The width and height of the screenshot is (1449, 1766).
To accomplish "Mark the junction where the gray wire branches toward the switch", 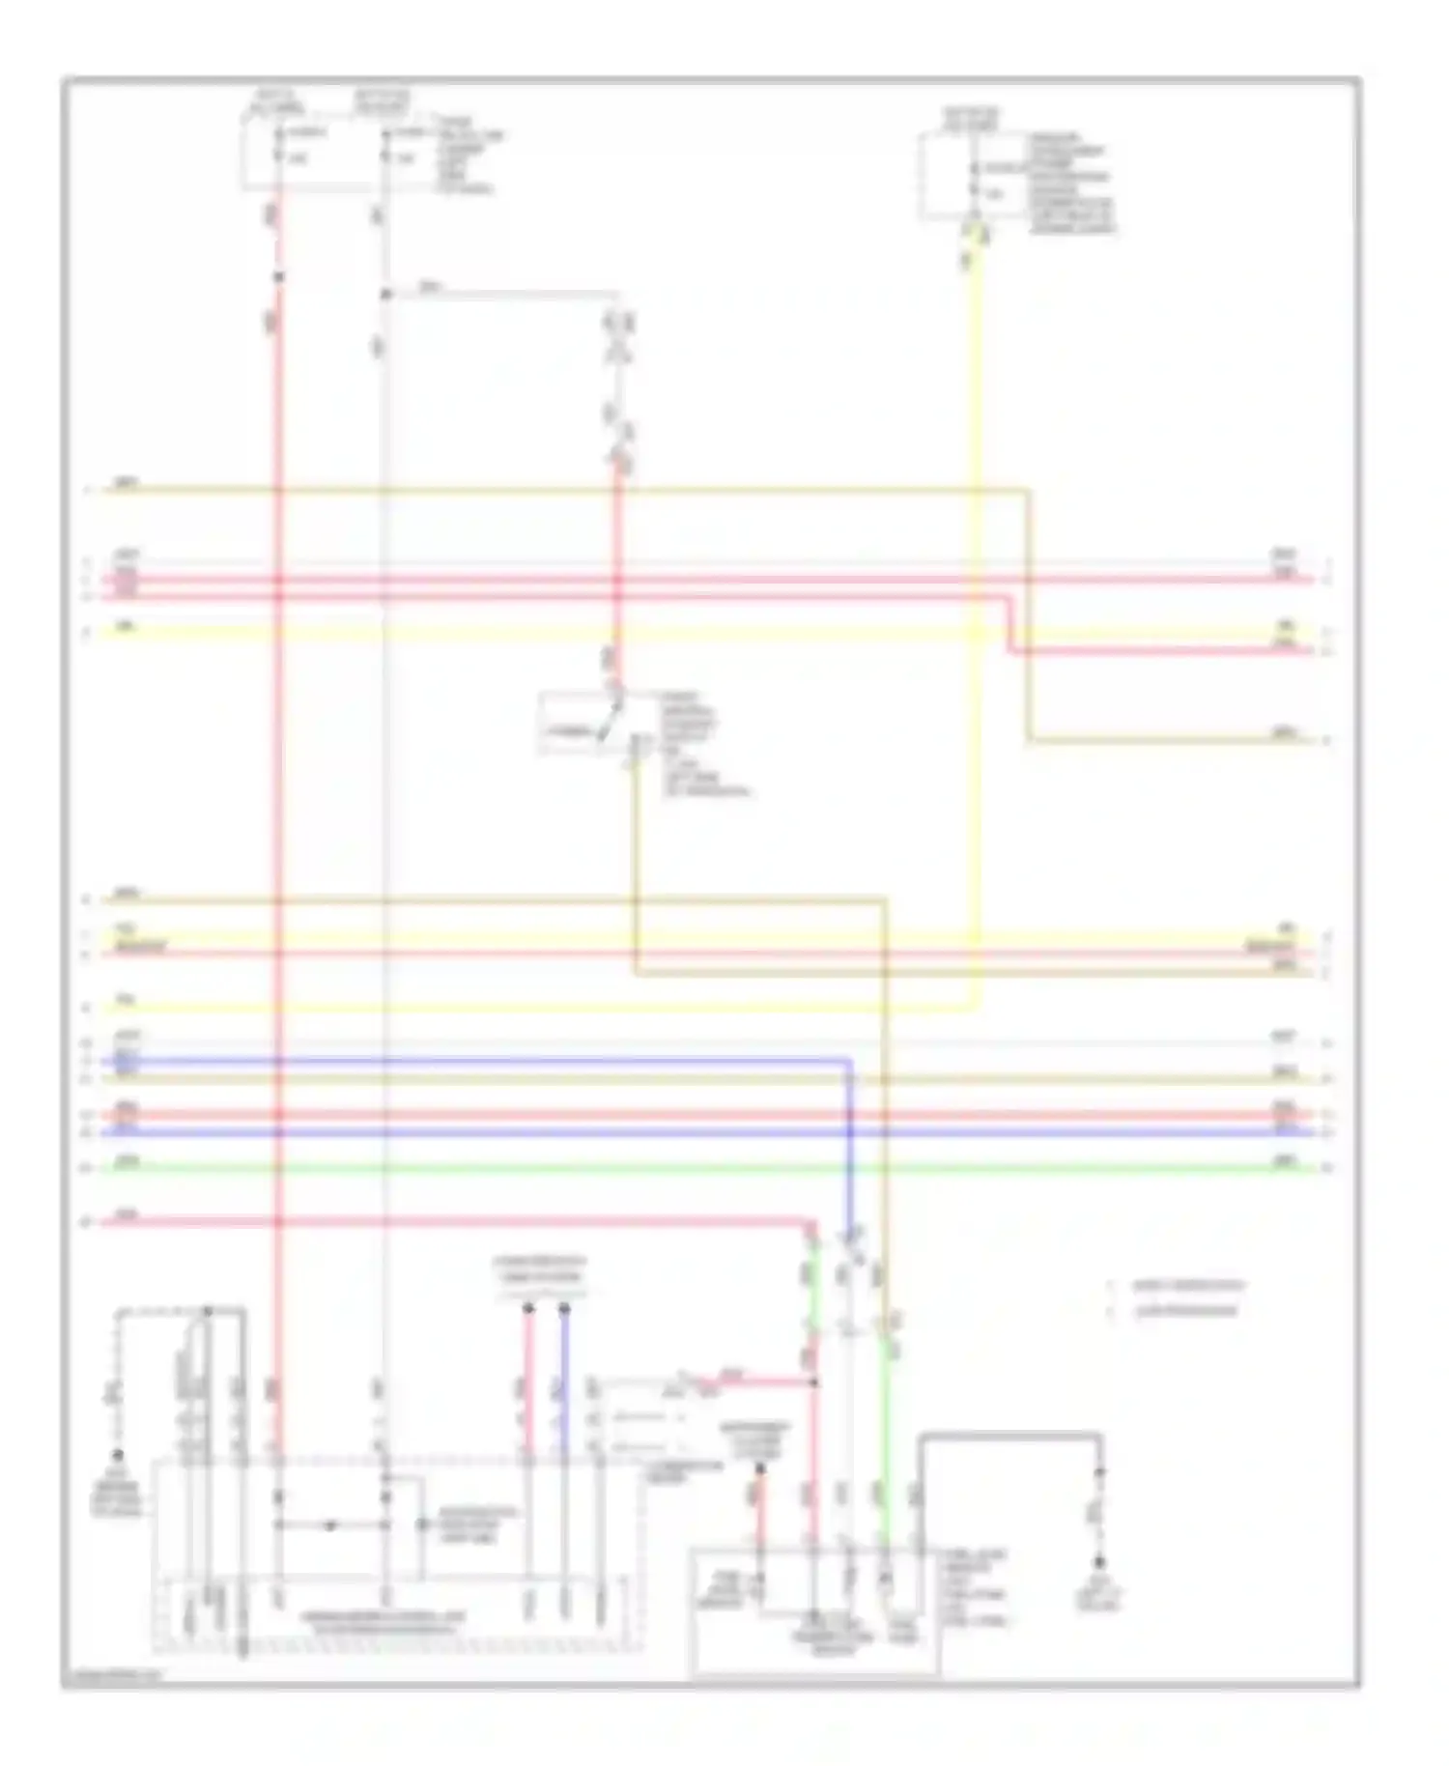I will coord(384,294).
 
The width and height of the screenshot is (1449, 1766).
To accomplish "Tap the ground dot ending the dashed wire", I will coord(118,1454).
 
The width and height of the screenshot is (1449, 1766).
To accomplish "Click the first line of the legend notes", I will coord(1188,1286).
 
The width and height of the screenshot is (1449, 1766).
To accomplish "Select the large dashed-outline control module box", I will coord(396,1555).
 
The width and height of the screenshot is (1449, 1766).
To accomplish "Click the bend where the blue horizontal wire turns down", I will coord(850,1063).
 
